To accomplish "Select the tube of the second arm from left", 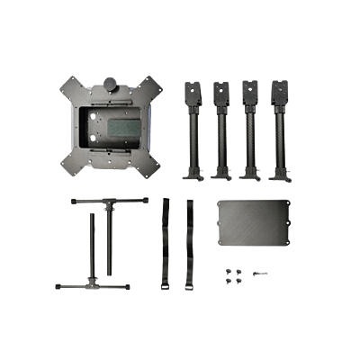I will (220, 135).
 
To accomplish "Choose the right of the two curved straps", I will (190, 243).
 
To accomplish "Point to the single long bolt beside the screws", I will (260, 273).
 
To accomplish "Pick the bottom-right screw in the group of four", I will (239, 280).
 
